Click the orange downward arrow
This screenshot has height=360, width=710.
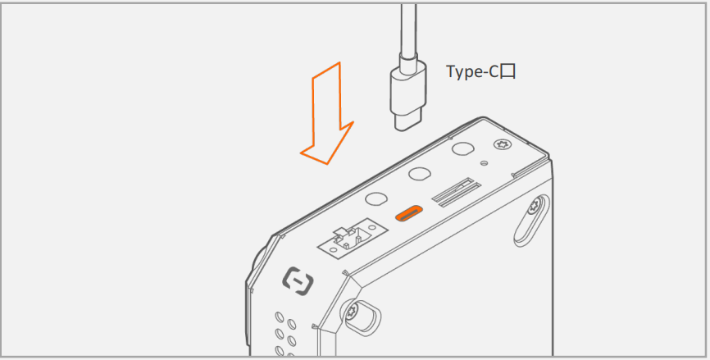click(x=326, y=113)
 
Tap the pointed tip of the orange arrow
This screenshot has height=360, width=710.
click(x=326, y=164)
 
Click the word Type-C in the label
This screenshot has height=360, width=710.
click(x=473, y=71)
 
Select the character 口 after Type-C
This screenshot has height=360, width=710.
click(x=508, y=72)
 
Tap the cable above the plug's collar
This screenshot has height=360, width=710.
click(x=408, y=26)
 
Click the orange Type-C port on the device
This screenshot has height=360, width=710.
click(x=409, y=213)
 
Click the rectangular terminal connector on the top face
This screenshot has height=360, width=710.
click(x=353, y=239)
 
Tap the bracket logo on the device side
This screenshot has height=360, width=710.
click(x=298, y=280)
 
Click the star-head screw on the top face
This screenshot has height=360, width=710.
click(x=501, y=145)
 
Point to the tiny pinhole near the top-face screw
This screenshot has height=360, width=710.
click(x=485, y=162)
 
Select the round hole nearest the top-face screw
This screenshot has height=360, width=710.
click(x=463, y=149)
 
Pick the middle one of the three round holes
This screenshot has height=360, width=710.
click(x=419, y=174)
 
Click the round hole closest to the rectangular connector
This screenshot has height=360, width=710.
click(x=375, y=198)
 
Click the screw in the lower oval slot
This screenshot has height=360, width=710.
click(x=352, y=311)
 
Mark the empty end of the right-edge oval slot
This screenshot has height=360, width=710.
click(x=522, y=236)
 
